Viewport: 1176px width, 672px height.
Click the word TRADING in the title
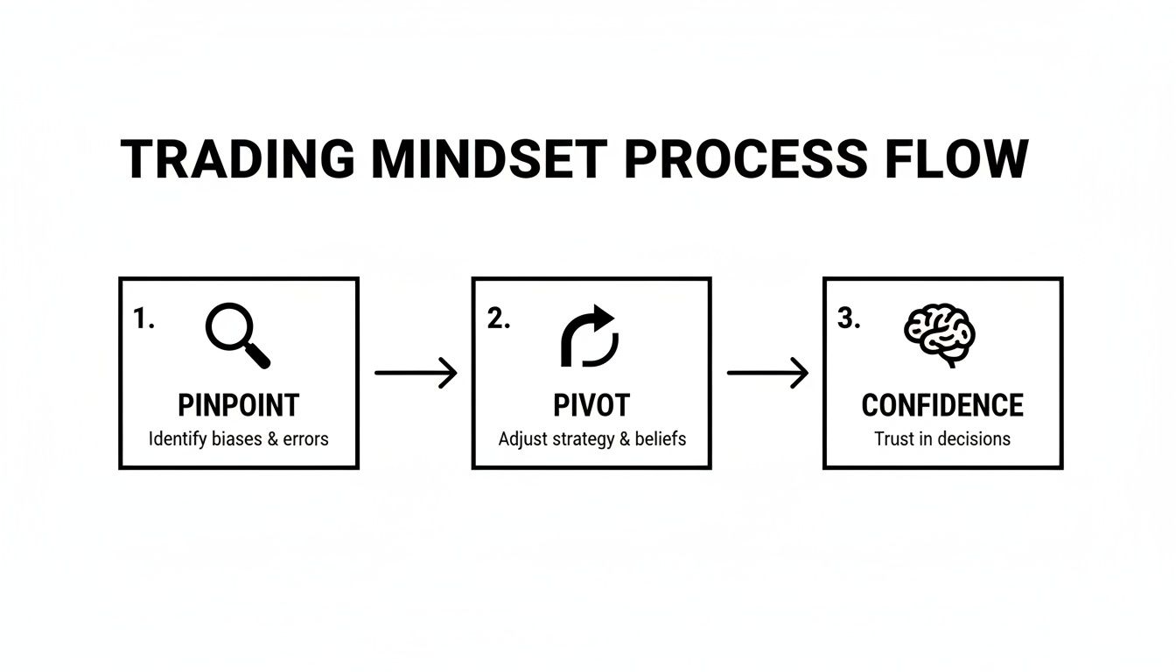click(238, 158)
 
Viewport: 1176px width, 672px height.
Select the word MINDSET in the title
click(489, 158)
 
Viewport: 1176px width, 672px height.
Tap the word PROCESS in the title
click(745, 158)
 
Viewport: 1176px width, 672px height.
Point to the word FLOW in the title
click(956, 158)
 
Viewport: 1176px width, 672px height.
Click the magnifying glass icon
click(237, 335)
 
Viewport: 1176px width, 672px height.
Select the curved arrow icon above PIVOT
click(590, 335)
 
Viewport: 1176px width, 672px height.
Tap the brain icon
click(939, 335)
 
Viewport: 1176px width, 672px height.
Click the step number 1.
click(143, 318)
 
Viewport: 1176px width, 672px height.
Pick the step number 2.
click(498, 318)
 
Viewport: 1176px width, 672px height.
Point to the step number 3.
click(849, 318)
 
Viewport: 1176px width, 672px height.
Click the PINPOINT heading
click(238, 405)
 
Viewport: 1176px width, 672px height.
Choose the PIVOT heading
click(591, 405)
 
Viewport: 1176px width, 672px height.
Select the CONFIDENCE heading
click(942, 405)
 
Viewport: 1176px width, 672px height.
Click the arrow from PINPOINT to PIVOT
click(416, 373)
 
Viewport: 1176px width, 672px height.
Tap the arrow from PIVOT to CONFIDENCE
click(767, 373)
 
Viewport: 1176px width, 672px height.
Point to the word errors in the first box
click(305, 439)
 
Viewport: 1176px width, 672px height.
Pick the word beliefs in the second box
click(661, 438)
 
